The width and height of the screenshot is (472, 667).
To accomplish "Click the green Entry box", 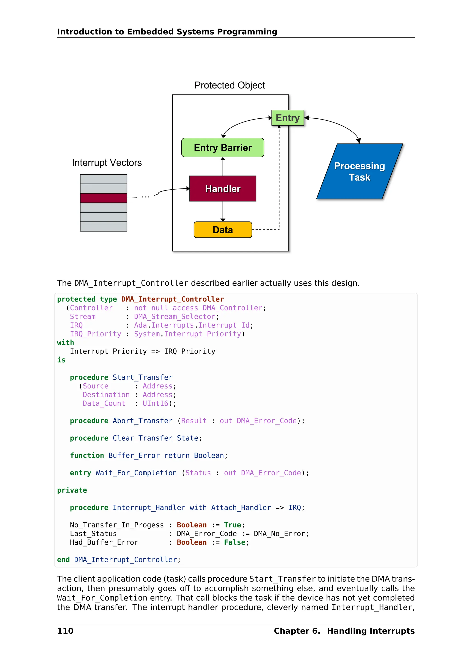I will (x=287, y=118).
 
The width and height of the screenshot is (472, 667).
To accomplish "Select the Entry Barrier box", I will (x=223, y=148).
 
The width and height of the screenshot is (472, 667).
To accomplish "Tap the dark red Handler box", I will (x=223, y=189).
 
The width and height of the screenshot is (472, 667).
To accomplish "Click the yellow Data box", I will (x=223, y=230).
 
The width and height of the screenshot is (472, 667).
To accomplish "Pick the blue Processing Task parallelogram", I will (x=359, y=171).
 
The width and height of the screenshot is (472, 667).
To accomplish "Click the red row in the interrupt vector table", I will (x=103, y=198).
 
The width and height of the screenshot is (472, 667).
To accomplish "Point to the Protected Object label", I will (x=229, y=85).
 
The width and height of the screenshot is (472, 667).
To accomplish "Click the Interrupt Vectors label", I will (x=107, y=163).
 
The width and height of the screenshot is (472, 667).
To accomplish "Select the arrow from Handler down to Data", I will (x=223, y=211).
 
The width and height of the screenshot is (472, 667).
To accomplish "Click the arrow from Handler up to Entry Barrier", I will (x=223, y=167).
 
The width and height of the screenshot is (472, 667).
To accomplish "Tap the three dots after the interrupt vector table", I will (x=145, y=197).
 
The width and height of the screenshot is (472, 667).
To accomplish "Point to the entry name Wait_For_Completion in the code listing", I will (x=136, y=473).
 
